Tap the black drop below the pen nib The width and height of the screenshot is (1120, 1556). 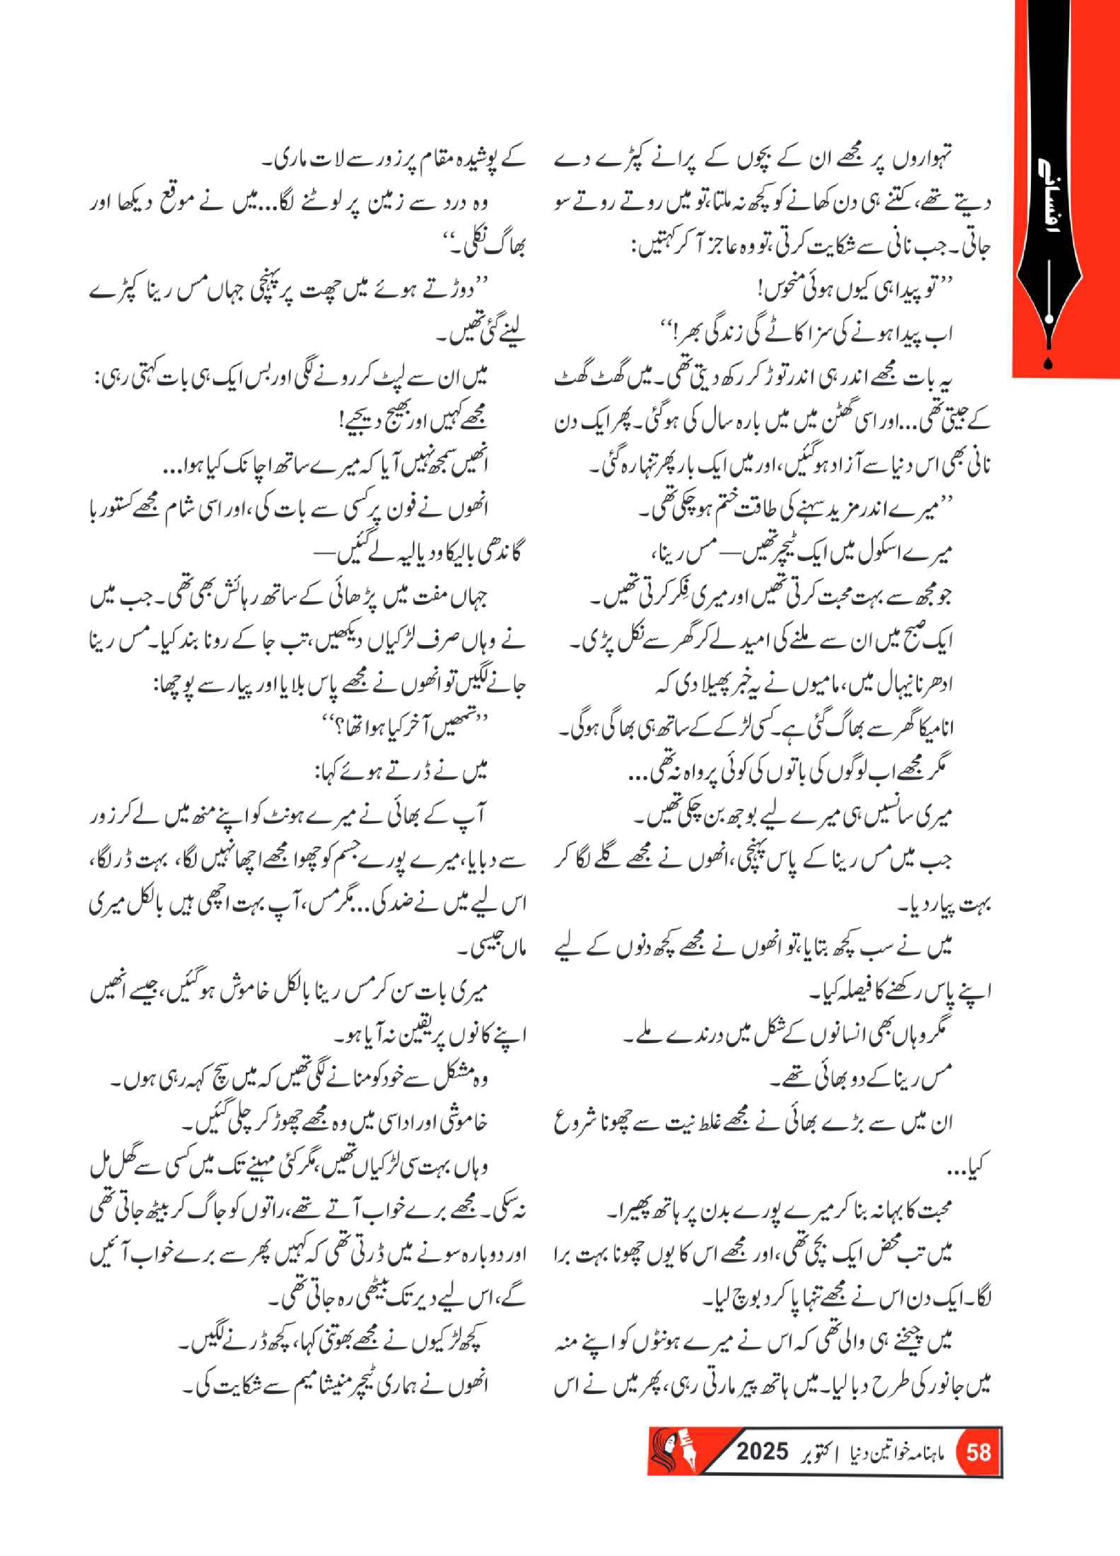1047,364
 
